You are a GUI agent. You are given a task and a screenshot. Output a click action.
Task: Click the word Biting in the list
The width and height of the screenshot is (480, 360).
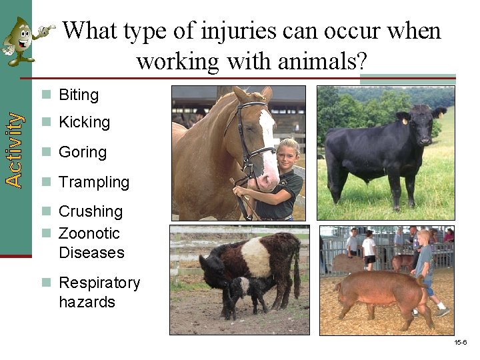click(x=79, y=95)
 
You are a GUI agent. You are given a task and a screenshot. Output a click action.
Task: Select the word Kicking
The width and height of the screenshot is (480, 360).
click(x=84, y=123)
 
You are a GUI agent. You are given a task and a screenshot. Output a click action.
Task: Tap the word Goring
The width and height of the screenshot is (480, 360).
click(x=82, y=152)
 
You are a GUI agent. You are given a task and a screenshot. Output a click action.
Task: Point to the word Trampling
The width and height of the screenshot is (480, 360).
click(x=94, y=182)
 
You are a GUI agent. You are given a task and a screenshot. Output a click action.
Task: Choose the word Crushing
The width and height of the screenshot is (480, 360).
click(x=91, y=211)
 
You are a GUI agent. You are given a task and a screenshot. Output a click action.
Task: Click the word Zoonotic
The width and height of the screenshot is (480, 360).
click(x=89, y=233)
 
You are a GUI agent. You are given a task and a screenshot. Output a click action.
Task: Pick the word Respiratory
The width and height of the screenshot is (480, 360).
click(x=99, y=283)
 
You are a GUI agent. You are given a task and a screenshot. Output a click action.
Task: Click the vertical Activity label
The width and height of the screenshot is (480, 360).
click(x=13, y=149)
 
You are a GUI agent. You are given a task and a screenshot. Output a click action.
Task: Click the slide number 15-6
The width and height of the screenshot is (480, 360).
click(x=460, y=342)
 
